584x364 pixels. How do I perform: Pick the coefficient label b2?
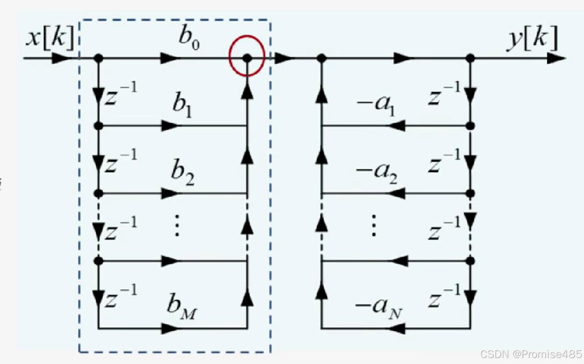tap(182, 173)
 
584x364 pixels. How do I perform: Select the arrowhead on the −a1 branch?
tap(397, 126)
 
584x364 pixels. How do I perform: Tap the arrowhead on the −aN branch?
tap(397, 328)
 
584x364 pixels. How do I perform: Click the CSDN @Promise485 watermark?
tap(530, 354)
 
